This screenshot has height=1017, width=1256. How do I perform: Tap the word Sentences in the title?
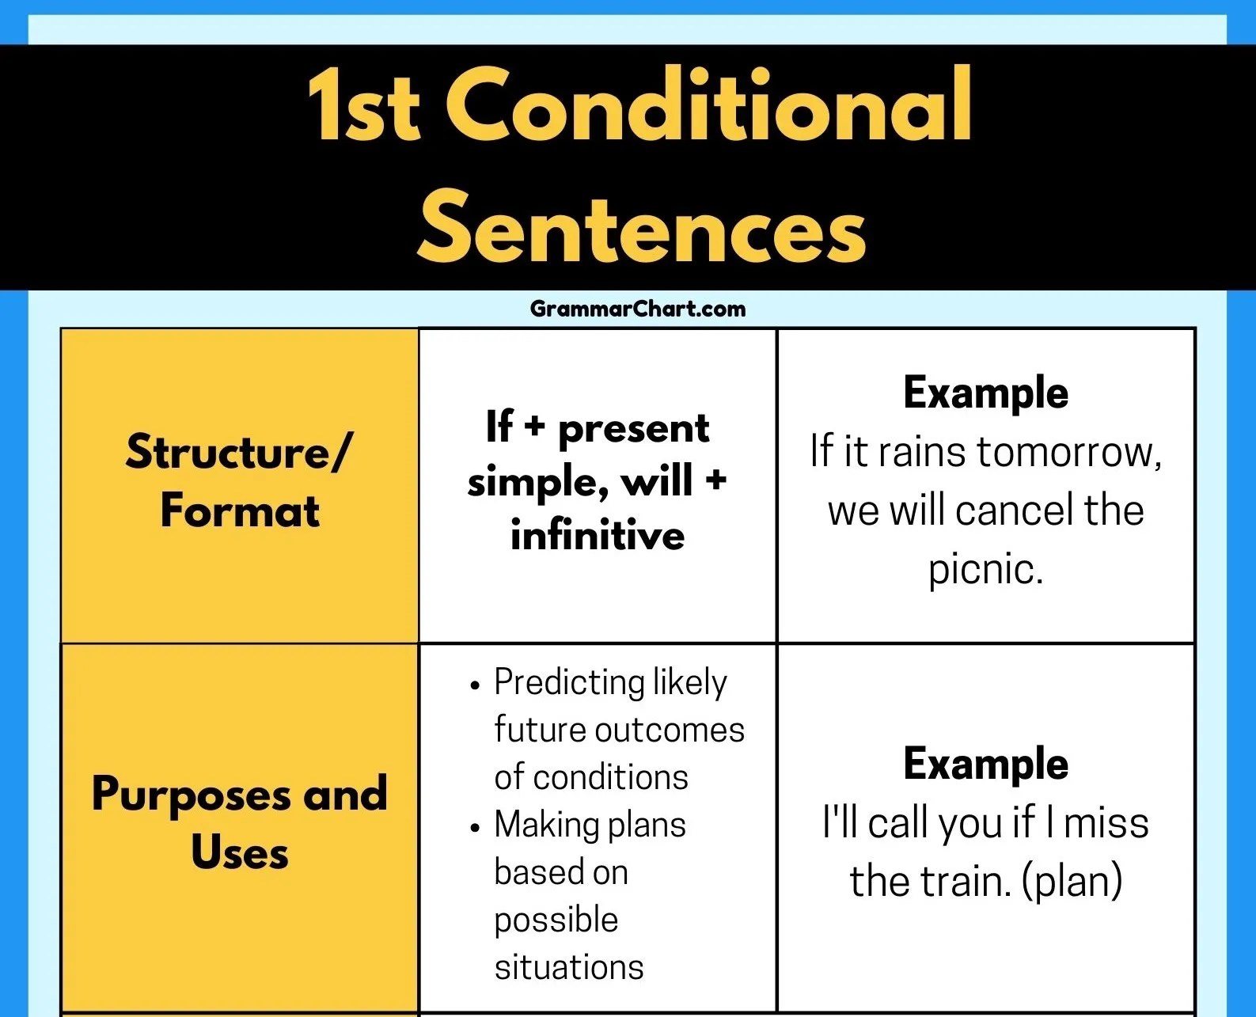click(642, 226)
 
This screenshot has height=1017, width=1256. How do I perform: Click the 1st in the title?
click(364, 105)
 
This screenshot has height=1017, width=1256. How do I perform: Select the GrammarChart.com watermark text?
click(638, 309)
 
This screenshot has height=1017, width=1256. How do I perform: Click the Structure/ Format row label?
click(240, 481)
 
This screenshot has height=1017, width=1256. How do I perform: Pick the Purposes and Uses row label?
click(240, 822)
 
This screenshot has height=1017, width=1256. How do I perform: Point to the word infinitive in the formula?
click(598, 535)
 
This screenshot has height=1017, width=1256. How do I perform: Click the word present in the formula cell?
click(633, 430)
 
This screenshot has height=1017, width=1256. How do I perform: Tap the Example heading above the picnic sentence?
click(986, 393)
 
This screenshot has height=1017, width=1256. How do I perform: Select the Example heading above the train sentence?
click(986, 764)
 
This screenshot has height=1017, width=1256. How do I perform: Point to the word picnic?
click(986, 570)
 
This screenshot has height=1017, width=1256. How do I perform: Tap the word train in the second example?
click(966, 882)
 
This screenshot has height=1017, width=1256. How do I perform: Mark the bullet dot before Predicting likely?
click(476, 685)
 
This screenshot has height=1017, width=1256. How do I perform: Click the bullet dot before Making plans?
click(476, 828)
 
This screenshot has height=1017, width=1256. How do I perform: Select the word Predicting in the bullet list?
click(570, 683)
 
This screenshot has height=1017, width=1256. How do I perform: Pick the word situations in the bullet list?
click(569, 967)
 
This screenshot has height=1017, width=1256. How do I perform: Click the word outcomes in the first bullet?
click(670, 730)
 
